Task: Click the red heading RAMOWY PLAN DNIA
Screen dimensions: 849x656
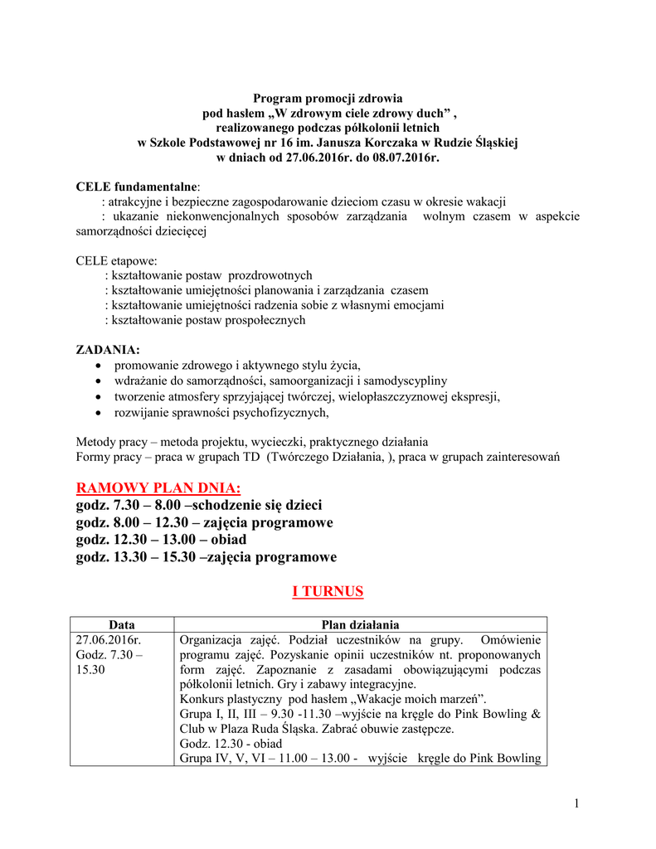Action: click(158, 488)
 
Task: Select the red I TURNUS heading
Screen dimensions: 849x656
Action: click(328, 591)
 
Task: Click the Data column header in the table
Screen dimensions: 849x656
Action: click(122, 624)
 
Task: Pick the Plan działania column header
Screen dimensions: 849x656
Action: click(360, 624)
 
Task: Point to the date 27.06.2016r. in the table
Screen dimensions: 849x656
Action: click(109, 640)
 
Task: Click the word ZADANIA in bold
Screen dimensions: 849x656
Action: click(108, 349)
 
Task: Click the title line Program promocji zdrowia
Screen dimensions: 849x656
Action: click(328, 98)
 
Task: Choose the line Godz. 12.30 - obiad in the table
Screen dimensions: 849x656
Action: click(219, 743)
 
